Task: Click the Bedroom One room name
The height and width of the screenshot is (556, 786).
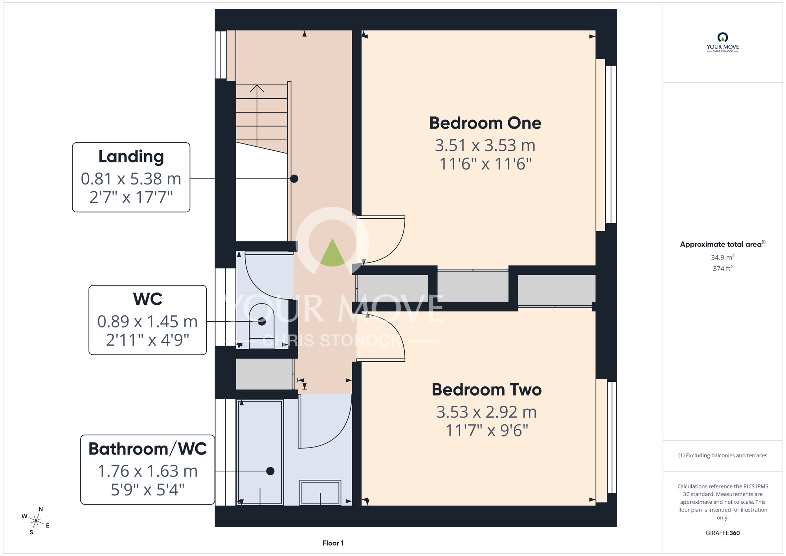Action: tap(485, 123)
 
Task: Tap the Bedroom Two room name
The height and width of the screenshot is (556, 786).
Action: tap(487, 390)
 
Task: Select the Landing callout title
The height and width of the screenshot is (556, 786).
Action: tap(131, 157)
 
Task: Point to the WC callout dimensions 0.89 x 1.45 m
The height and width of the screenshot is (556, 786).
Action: tap(147, 322)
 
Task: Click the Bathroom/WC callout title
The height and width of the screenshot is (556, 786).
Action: tap(147, 449)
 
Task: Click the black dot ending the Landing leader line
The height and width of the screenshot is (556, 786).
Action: tap(294, 179)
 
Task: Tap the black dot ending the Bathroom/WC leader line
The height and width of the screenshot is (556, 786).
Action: tap(270, 471)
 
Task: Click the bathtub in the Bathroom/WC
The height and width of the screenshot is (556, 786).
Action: tap(260, 452)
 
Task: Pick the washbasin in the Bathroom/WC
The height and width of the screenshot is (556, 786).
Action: tap(320, 492)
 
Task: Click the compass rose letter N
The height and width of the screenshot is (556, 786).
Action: tap(41, 509)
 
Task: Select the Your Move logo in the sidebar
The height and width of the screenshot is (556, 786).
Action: tap(723, 42)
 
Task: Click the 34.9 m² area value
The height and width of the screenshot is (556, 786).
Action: tap(723, 257)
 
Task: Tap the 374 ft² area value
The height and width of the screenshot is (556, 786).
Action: tap(723, 268)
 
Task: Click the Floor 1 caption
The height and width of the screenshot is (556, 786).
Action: tap(333, 543)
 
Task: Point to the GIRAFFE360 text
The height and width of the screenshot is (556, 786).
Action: tap(723, 533)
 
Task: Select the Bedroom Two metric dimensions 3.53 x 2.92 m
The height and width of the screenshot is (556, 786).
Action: tap(487, 412)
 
